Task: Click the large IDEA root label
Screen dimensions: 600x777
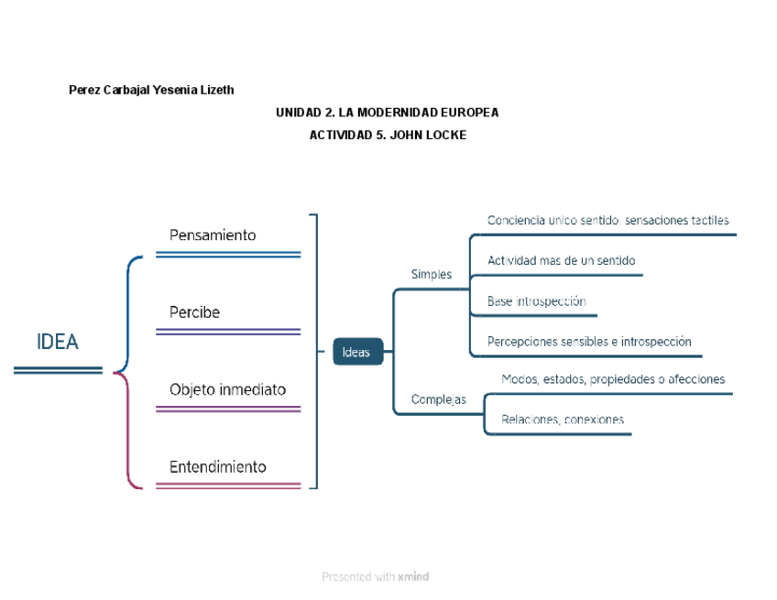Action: coord(58,342)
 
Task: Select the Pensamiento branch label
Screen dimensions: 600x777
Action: coord(213,235)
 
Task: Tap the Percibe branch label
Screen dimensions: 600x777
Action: coord(194,312)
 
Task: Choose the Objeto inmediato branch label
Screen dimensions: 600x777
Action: coord(227,389)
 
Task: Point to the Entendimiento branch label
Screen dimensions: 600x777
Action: coord(218,466)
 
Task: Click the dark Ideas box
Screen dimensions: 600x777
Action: coord(356,351)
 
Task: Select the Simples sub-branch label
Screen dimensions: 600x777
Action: coord(431,274)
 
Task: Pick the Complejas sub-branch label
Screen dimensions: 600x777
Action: coord(438,399)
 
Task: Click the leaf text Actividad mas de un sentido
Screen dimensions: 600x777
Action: coord(561,261)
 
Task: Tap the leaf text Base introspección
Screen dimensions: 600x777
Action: coord(536,301)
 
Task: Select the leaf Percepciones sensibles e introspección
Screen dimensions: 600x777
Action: coord(589,342)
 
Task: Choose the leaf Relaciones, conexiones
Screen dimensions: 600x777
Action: coord(563,420)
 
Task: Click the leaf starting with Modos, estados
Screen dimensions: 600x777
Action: coord(613,379)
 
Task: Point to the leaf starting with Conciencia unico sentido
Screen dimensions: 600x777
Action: coord(608,221)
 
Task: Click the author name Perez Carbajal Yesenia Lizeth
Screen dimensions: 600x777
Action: coord(151,90)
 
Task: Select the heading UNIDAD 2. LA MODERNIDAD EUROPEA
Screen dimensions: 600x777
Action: coord(387,112)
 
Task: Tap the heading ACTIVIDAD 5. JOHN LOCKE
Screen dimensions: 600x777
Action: coord(388,135)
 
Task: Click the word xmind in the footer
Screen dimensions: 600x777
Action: coord(413,577)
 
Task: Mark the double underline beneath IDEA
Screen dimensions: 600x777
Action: coord(58,370)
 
